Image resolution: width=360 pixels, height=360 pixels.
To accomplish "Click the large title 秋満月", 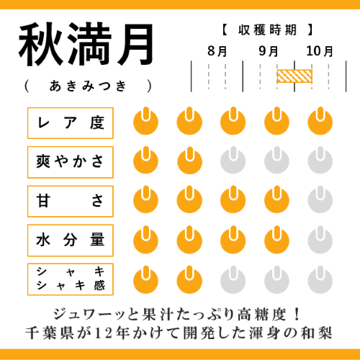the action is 86,45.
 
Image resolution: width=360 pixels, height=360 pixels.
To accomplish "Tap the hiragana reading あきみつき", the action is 88,86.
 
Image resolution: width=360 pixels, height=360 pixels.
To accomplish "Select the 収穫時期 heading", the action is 267,30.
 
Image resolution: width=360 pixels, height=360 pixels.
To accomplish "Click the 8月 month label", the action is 217,51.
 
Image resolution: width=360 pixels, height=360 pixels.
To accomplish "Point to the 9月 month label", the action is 269,51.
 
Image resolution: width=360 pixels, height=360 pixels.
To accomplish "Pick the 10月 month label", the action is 320,51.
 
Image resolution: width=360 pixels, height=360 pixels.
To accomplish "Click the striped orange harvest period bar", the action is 294,76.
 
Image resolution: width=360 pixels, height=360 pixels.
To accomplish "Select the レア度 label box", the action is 71,123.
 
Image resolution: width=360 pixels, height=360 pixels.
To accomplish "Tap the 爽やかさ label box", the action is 71,162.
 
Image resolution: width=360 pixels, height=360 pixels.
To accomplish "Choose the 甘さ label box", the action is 71,202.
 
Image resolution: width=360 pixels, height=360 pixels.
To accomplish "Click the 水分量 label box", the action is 71,240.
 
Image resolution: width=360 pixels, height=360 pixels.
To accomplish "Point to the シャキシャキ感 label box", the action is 71,279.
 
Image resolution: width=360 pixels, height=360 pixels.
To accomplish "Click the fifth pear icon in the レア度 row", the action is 320,122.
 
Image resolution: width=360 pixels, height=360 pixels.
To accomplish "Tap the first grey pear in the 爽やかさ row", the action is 233,161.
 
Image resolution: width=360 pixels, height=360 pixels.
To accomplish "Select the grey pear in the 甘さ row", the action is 320,200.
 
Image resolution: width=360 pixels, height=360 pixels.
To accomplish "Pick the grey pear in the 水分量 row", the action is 320,240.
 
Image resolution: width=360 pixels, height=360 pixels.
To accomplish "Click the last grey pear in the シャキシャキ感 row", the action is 320,281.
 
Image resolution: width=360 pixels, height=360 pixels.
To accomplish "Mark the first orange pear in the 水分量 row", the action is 145,240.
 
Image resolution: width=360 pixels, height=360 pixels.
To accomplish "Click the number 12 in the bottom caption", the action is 104,333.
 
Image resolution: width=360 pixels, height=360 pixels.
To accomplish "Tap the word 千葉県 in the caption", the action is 49,333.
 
